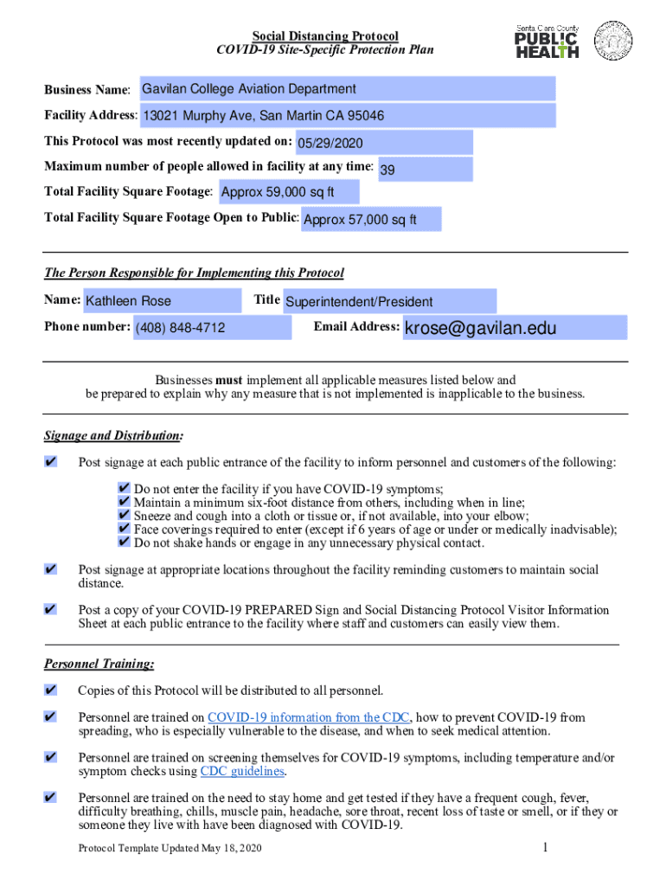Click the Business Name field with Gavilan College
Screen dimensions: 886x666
[346, 89]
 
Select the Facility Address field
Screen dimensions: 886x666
[346, 116]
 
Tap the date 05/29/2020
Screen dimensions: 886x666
[383, 143]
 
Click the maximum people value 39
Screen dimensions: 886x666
[424, 170]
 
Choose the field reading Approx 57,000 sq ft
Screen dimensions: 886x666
[370, 220]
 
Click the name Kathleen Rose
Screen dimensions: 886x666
[161, 301]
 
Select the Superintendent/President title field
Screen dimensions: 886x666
[389, 302]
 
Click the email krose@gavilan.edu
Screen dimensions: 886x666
[515, 328]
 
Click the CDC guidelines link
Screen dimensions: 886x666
[242, 772]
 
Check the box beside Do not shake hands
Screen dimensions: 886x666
[124, 543]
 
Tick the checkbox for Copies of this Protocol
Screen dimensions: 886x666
[50, 690]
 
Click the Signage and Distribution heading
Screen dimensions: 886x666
[113, 435]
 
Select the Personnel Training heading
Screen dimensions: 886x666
[99, 664]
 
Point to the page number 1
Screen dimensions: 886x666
[546, 848]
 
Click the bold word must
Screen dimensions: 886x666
[229, 380]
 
